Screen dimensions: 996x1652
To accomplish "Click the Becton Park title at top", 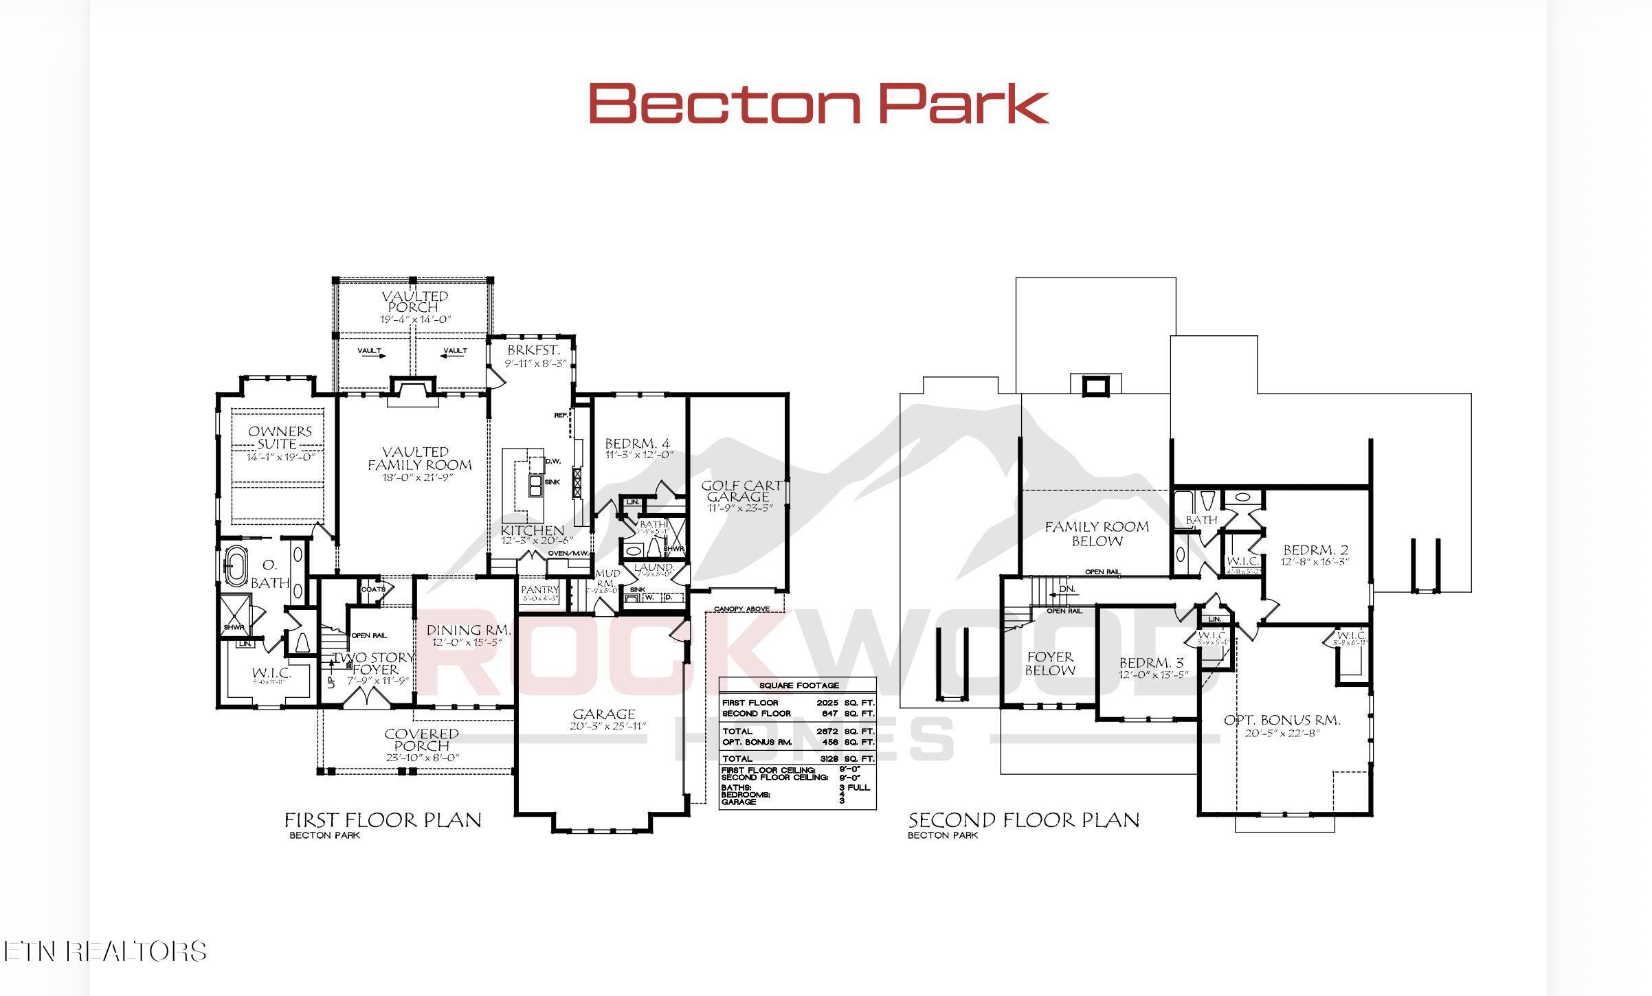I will [x=818, y=103].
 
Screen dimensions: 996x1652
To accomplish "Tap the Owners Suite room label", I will [x=280, y=437].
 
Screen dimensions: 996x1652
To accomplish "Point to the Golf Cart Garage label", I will [x=739, y=490].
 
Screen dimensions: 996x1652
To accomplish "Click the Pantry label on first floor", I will [x=539, y=590].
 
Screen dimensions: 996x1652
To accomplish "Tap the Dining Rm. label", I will [x=468, y=630].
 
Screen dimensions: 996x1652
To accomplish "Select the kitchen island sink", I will [x=534, y=486].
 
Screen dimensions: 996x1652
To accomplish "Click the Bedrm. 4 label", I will [x=637, y=443].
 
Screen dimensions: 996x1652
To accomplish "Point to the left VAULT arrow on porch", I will [x=371, y=352].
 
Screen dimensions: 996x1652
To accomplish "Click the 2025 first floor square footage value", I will [x=827, y=703].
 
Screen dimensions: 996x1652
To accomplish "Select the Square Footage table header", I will [x=799, y=686].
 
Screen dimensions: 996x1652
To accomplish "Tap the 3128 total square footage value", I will [x=827, y=759].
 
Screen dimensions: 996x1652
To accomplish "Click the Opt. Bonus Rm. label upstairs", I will [x=1282, y=720].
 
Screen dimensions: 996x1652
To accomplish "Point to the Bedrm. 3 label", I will [x=1151, y=663].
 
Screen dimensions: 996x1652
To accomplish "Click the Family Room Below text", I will [x=1097, y=534].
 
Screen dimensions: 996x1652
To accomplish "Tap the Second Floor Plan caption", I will [x=1023, y=819].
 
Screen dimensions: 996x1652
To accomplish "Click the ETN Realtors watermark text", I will [x=104, y=951].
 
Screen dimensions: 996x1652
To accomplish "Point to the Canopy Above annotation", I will [x=741, y=609].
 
